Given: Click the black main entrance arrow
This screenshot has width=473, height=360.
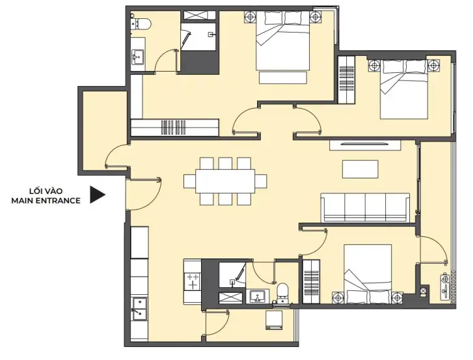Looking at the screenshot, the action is coord(97,195).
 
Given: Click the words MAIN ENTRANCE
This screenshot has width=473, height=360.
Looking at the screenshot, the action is coord(46,201).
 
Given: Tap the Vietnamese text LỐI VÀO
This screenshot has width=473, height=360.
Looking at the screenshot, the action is coord(46,191).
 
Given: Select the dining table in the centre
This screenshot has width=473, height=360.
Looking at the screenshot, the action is coord(225,181).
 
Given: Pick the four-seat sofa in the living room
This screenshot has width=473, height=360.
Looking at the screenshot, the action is coord(365,207).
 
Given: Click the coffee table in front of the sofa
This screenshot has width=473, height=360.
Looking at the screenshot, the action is coord(360,169).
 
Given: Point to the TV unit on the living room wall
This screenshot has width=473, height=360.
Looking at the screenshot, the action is coord(365,145).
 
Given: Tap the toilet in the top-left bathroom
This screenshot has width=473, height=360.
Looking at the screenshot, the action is coord(141,24).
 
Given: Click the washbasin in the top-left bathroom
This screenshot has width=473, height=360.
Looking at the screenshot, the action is coord(138,57).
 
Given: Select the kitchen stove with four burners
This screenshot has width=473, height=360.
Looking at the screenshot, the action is coord(193,281).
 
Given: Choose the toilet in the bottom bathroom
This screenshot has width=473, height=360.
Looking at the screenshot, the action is coord(282,294).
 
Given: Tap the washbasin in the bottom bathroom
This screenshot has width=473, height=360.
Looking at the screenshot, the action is coord(257,296).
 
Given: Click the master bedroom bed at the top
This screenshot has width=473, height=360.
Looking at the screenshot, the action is coord(282,41).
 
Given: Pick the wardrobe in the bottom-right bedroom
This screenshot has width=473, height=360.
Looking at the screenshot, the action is coord(311,282).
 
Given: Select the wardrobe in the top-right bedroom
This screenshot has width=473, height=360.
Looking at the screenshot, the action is coord(346,79).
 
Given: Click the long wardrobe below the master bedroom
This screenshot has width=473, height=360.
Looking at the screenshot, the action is coord(174,128).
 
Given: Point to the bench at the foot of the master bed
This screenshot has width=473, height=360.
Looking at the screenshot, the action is coord(282,77).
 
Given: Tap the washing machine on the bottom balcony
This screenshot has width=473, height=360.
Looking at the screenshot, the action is coord(274,320).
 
